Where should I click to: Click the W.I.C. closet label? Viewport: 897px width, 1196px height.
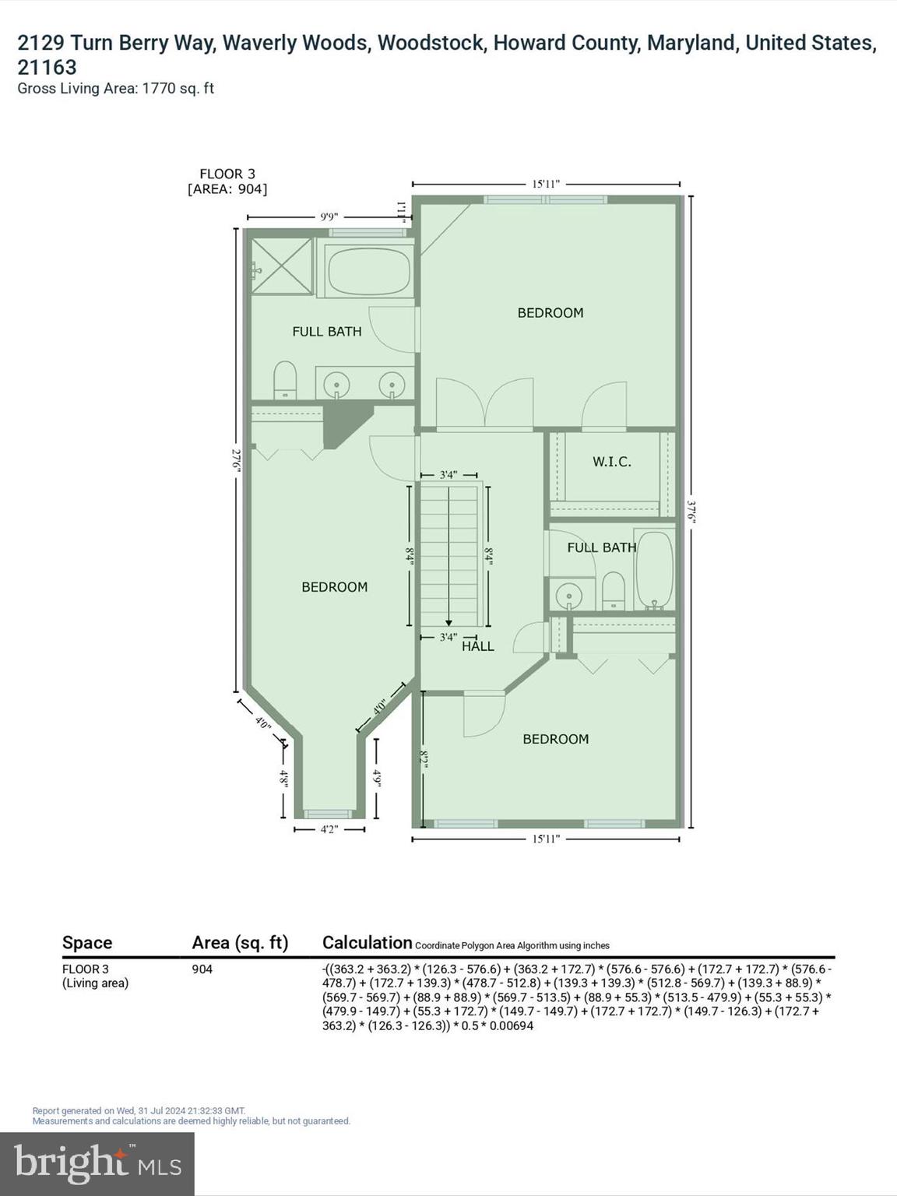coord(611,462)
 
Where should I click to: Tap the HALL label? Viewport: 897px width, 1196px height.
coord(477,646)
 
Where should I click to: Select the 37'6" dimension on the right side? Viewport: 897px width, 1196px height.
coord(691,512)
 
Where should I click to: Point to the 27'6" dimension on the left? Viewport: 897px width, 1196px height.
coord(235,459)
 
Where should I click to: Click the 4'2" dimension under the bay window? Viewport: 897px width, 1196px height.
coord(329,830)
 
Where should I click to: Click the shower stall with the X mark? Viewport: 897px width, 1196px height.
coord(281,267)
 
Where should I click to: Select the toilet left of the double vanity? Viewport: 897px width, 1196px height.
coord(286,379)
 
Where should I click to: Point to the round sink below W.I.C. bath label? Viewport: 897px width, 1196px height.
coord(570,597)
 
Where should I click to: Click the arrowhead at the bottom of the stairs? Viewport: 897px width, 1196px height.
coord(448,622)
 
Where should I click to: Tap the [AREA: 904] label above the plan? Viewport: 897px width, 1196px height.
coord(227,189)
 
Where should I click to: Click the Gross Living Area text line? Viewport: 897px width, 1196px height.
coord(115,89)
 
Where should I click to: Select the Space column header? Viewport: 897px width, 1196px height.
coord(87,943)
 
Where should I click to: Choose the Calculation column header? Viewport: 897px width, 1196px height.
coord(367,943)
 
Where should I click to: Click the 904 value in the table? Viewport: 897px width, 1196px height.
coord(202,969)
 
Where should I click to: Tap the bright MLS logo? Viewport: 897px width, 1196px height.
coord(97,1164)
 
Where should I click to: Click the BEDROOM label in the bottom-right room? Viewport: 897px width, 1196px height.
coord(555,739)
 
